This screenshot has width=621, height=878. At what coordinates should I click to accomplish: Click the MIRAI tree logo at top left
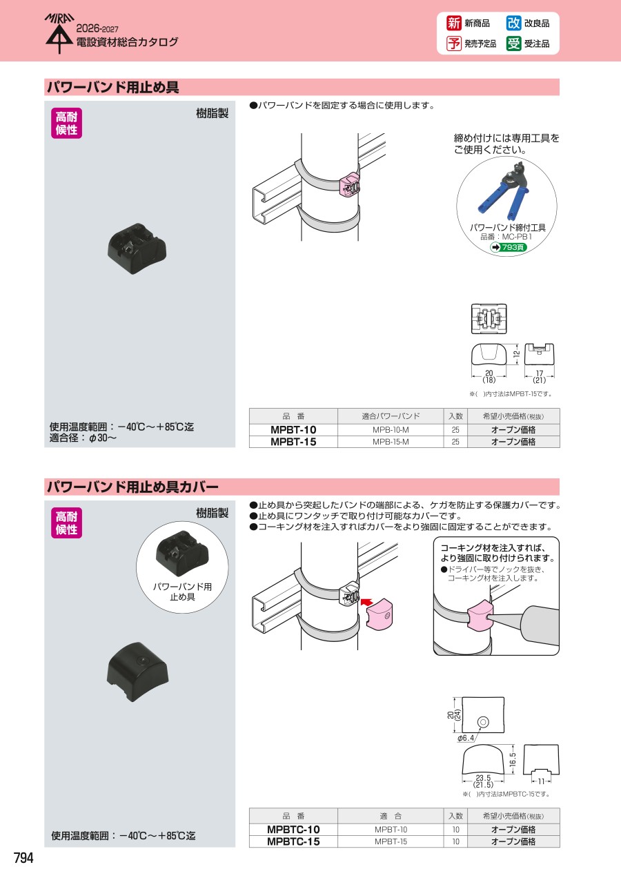point(59,34)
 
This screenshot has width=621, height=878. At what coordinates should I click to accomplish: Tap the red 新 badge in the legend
point(454,23)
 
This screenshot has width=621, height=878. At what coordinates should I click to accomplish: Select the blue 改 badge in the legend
point(513,23)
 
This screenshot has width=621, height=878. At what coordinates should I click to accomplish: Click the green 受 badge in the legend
point(513,43)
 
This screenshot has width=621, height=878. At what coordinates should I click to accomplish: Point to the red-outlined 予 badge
point(454,43)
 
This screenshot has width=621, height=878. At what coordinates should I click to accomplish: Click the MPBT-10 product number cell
point(293,429)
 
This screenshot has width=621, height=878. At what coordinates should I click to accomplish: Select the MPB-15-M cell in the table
point(391,442)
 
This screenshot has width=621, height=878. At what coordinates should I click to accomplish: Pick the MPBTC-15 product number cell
point(293,841)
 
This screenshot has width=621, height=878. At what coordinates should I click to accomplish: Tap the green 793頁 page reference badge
point(508,247)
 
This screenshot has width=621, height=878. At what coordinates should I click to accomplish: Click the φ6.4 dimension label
point(466,738)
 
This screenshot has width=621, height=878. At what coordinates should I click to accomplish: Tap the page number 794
point(23,858)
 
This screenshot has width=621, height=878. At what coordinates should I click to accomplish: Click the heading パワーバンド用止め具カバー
point(132,487)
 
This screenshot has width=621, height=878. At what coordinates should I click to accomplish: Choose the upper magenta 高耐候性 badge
point(67,123)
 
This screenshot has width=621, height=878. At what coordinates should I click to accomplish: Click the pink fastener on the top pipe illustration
point(350,186)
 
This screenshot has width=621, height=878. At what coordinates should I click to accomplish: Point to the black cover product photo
point(137,671)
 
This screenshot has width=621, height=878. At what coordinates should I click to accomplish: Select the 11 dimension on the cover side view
point(541,781)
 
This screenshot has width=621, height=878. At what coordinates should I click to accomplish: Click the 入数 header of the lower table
point(455,816)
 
